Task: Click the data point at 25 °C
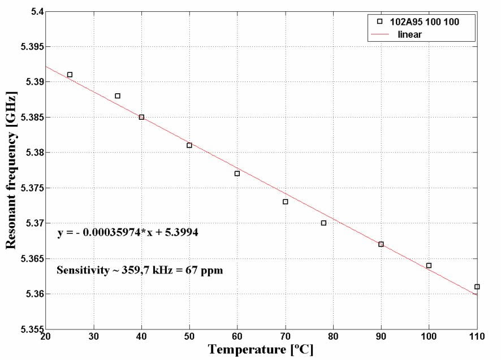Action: [70, 75]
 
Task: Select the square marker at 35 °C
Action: [118, 96]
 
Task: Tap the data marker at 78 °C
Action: [323, 223]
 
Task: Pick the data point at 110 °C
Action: [477, 287]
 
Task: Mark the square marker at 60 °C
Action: [237, 174]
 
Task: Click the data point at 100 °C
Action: [429, 266]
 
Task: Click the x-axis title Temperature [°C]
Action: [261, 350]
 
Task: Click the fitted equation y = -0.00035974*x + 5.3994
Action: [127, 233]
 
